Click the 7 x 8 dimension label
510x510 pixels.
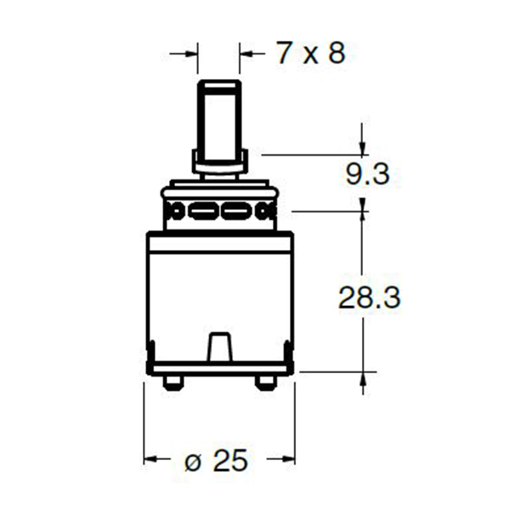(x=310, y=53)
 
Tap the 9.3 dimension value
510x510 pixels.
(x=367, y=174)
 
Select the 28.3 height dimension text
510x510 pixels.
(x=370, y=297)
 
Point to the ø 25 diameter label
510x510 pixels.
(x=216, y=460)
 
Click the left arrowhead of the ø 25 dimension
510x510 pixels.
(x=150, y=459)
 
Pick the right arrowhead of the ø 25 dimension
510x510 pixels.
(x=288, y=459)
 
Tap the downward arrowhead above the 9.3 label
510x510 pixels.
(x=362, y=148)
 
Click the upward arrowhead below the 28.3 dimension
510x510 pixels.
(x=363, y=379)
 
